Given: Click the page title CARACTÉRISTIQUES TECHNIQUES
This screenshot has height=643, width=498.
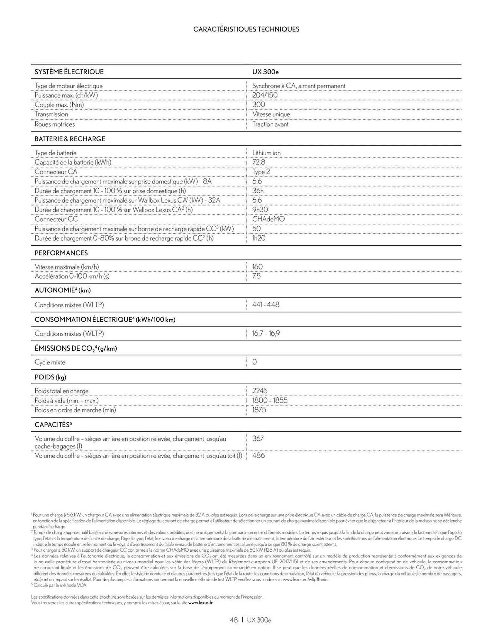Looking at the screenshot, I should click(246, 29).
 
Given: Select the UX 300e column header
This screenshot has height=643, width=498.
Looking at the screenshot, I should click(265, 72).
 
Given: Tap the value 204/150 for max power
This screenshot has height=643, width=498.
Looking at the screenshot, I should click(265, 95).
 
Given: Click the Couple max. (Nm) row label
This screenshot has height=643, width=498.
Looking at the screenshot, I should click(59, 105).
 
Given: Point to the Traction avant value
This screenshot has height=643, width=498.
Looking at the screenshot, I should click(270, 124).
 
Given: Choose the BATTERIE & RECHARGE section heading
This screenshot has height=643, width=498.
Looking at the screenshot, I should click(70, 139).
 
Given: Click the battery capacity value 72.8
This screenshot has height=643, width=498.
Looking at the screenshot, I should click(258, 162).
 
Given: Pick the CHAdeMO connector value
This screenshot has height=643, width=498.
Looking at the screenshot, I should click(268, 219).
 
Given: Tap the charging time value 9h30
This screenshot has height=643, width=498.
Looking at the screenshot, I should click(260, 210).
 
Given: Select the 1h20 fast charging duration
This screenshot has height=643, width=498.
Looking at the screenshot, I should click(259, 238).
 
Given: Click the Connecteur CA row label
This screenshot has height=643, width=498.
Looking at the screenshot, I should click(56, 172).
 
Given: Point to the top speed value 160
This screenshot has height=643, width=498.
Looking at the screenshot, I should click(257, 267).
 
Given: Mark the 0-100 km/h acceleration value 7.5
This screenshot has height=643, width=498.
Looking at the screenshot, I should click(256, 276).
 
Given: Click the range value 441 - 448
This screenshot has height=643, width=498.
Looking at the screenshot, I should click(266, 304).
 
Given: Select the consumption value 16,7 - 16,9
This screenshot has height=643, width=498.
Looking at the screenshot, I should click(266, 333).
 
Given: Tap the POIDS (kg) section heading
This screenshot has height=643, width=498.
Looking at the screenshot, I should click(50, 377).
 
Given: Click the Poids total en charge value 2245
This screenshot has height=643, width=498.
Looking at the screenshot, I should click(259, 391).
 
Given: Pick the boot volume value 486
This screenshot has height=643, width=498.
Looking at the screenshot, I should click(258, 456).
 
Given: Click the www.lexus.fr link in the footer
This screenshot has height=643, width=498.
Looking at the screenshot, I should click(201, 602).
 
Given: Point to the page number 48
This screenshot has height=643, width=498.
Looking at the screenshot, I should click(234, 620).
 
